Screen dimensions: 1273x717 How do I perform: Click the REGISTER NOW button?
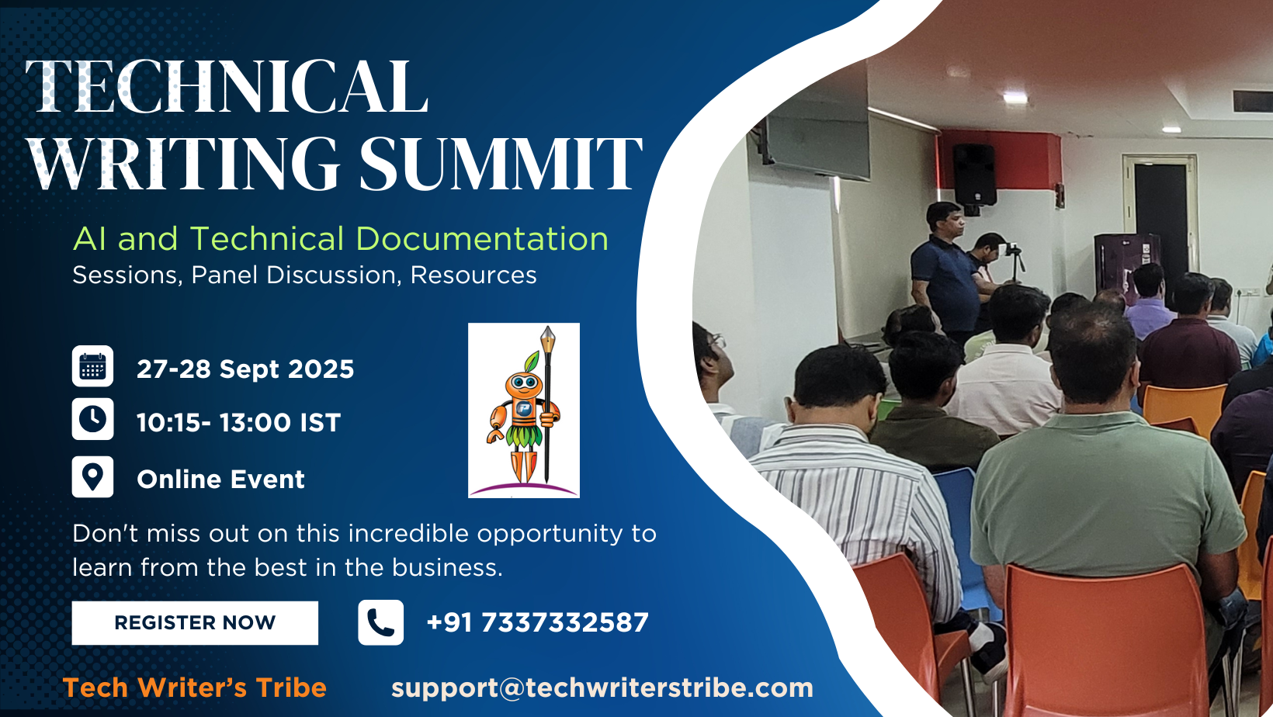pos(195,622)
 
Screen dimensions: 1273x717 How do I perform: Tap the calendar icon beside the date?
pos(92,366)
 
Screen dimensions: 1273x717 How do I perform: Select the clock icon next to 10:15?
pos(92,419)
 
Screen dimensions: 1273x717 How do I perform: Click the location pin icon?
pos(92,476)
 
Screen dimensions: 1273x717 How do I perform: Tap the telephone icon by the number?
pos(381,622)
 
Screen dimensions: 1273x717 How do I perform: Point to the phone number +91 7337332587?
pos(538,622)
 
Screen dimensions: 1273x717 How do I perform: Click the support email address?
pos(602,688)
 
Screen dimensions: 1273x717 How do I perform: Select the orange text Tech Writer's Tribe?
pos(194,688)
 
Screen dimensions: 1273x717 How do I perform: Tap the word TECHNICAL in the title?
pos(226,86)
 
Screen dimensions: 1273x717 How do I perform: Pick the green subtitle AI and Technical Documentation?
pos(341,239)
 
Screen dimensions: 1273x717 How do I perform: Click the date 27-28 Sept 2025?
pos(245,369)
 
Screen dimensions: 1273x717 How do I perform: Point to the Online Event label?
pos(220,480)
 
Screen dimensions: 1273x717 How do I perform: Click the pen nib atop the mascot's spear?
pos(547,340)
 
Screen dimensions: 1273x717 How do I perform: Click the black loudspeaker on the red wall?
pos(974,175)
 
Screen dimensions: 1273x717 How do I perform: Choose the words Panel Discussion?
pos(293,275)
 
